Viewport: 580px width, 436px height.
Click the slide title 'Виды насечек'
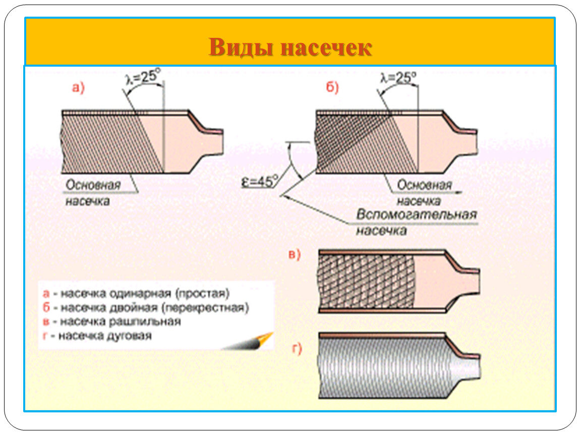290,48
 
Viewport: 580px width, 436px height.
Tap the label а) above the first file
78,88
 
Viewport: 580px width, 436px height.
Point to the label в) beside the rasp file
294,255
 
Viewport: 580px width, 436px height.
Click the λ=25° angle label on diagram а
142,78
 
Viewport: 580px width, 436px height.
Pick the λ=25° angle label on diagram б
398,78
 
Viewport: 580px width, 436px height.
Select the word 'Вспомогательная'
416,215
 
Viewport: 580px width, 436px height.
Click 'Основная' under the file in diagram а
93,185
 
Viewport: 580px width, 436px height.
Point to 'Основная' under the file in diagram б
424,185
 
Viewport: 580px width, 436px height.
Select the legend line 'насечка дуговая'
104,336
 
